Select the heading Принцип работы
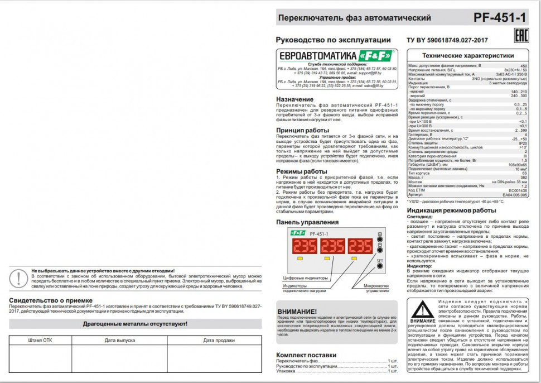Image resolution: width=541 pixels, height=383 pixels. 302,130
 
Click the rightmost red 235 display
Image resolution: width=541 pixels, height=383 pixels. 360,246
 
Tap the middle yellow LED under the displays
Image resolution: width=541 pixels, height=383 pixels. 327,259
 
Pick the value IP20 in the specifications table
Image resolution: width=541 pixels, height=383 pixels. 523,143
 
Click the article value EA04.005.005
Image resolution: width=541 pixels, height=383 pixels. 514,194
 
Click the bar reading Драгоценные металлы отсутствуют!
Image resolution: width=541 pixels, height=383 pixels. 135,323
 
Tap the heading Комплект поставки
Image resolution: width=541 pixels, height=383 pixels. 306,355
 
